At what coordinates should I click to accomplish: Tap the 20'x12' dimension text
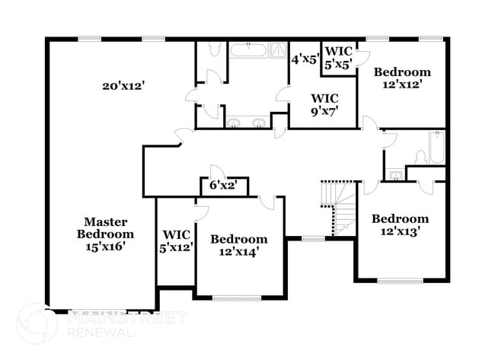click(124, 86)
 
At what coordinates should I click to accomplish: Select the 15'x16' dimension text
click(106, 247)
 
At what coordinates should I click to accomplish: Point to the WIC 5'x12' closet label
click(176, 241)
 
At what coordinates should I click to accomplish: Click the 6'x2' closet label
click(224, 185)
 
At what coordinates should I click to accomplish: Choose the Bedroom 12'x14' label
click(238, 245)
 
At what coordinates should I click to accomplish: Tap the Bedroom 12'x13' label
click(400, 225)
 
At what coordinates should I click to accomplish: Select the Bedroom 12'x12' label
click(402, 78)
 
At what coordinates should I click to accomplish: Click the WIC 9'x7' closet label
click(324, 104)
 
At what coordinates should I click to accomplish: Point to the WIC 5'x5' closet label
click(337, 58)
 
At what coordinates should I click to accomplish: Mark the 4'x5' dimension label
click(305, 58)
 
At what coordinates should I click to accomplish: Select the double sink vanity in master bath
click(247, 123)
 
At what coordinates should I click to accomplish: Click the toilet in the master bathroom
click(213, 50)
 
